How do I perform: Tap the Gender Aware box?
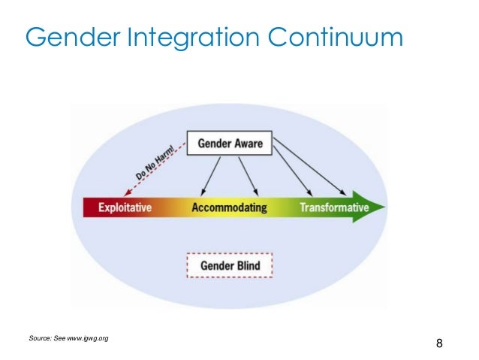(229, 144)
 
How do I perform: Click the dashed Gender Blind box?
(229, 265)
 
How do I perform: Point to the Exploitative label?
(125, 207)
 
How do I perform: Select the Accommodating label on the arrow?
(229, 207)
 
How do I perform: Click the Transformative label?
(334, 207)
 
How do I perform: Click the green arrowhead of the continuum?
(377, 207)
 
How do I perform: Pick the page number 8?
(439, 344)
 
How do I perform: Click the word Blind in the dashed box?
(249, 265)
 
